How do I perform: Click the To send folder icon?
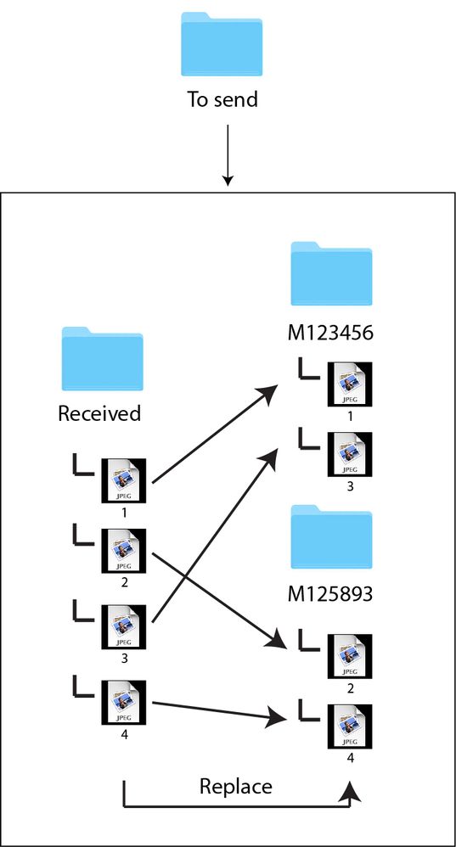(222, 46)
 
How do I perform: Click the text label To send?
(222, 99)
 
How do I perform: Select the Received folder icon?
(102, 359)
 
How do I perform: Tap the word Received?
(99, 414)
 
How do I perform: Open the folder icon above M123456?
(331, 274)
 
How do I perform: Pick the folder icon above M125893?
(331, 536)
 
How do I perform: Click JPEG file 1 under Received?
(124, 481)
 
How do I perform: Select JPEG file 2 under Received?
(124, 551)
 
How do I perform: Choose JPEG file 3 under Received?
(124, 627)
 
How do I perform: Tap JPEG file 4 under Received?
(124, 701)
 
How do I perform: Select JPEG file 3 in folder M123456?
(350, 456)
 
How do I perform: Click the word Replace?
(236, 787)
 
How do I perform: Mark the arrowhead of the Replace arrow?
(350, 794)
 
